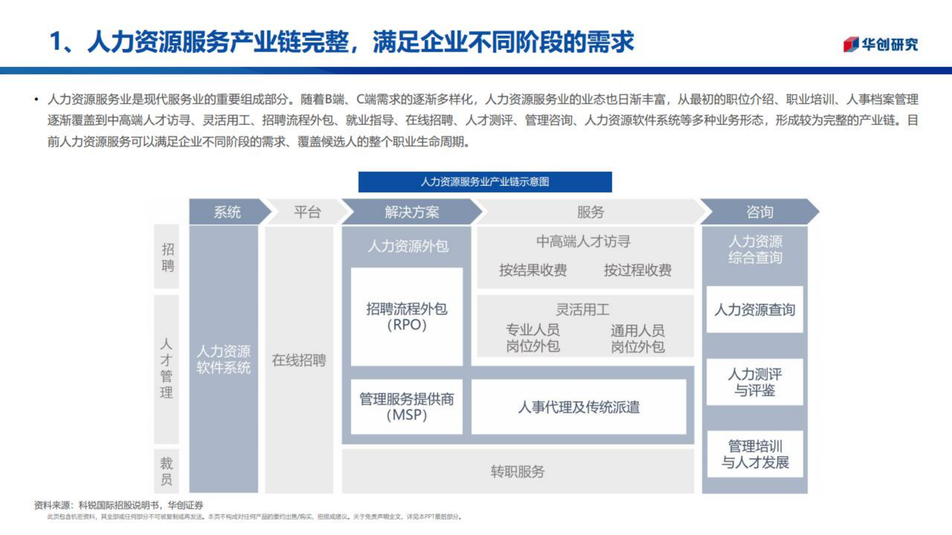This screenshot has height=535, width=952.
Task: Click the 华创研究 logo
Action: click(880, 44)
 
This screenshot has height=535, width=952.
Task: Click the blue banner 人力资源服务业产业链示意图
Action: click(484, 182)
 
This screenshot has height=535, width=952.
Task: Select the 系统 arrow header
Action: click(228, 212)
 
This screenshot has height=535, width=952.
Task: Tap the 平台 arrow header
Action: click(307, 212)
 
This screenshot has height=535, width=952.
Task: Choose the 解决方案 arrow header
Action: click(412, 212)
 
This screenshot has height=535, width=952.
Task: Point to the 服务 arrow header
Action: click(590, 212)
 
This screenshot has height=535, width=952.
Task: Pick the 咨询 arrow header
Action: click(759, 212)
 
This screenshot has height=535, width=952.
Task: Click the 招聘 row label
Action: click(167, 257)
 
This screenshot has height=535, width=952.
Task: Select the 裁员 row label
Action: click(166, 471)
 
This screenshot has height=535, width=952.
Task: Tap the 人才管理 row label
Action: click(166, 368)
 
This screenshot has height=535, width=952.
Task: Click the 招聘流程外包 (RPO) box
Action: click(406, 317)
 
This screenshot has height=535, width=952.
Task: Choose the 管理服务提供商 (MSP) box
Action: click(406, 407)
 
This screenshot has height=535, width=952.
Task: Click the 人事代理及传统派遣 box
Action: click(579, 407)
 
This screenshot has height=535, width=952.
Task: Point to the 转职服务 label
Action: click(517, 472)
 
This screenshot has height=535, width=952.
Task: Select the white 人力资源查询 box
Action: click(754, 310)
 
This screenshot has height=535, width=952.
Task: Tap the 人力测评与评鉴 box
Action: click(754, 382)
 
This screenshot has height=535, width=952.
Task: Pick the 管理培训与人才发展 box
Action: click(754, 454)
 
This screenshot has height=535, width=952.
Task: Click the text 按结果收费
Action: click(533, 271)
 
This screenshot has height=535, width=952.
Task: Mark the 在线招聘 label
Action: click(299, 360)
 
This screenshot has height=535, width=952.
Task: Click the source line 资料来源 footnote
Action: click(119, 505)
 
